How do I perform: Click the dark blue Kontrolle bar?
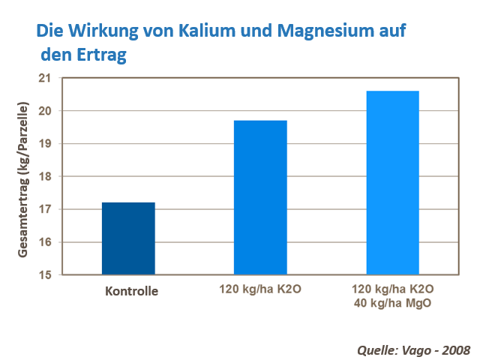[128, 238]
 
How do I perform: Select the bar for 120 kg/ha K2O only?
[260, 197]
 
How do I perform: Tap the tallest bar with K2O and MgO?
[392, 183]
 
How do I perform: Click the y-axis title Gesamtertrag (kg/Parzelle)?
[23, 178]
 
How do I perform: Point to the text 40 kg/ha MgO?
[392, 304]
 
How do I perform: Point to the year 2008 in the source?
[454, 349]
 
